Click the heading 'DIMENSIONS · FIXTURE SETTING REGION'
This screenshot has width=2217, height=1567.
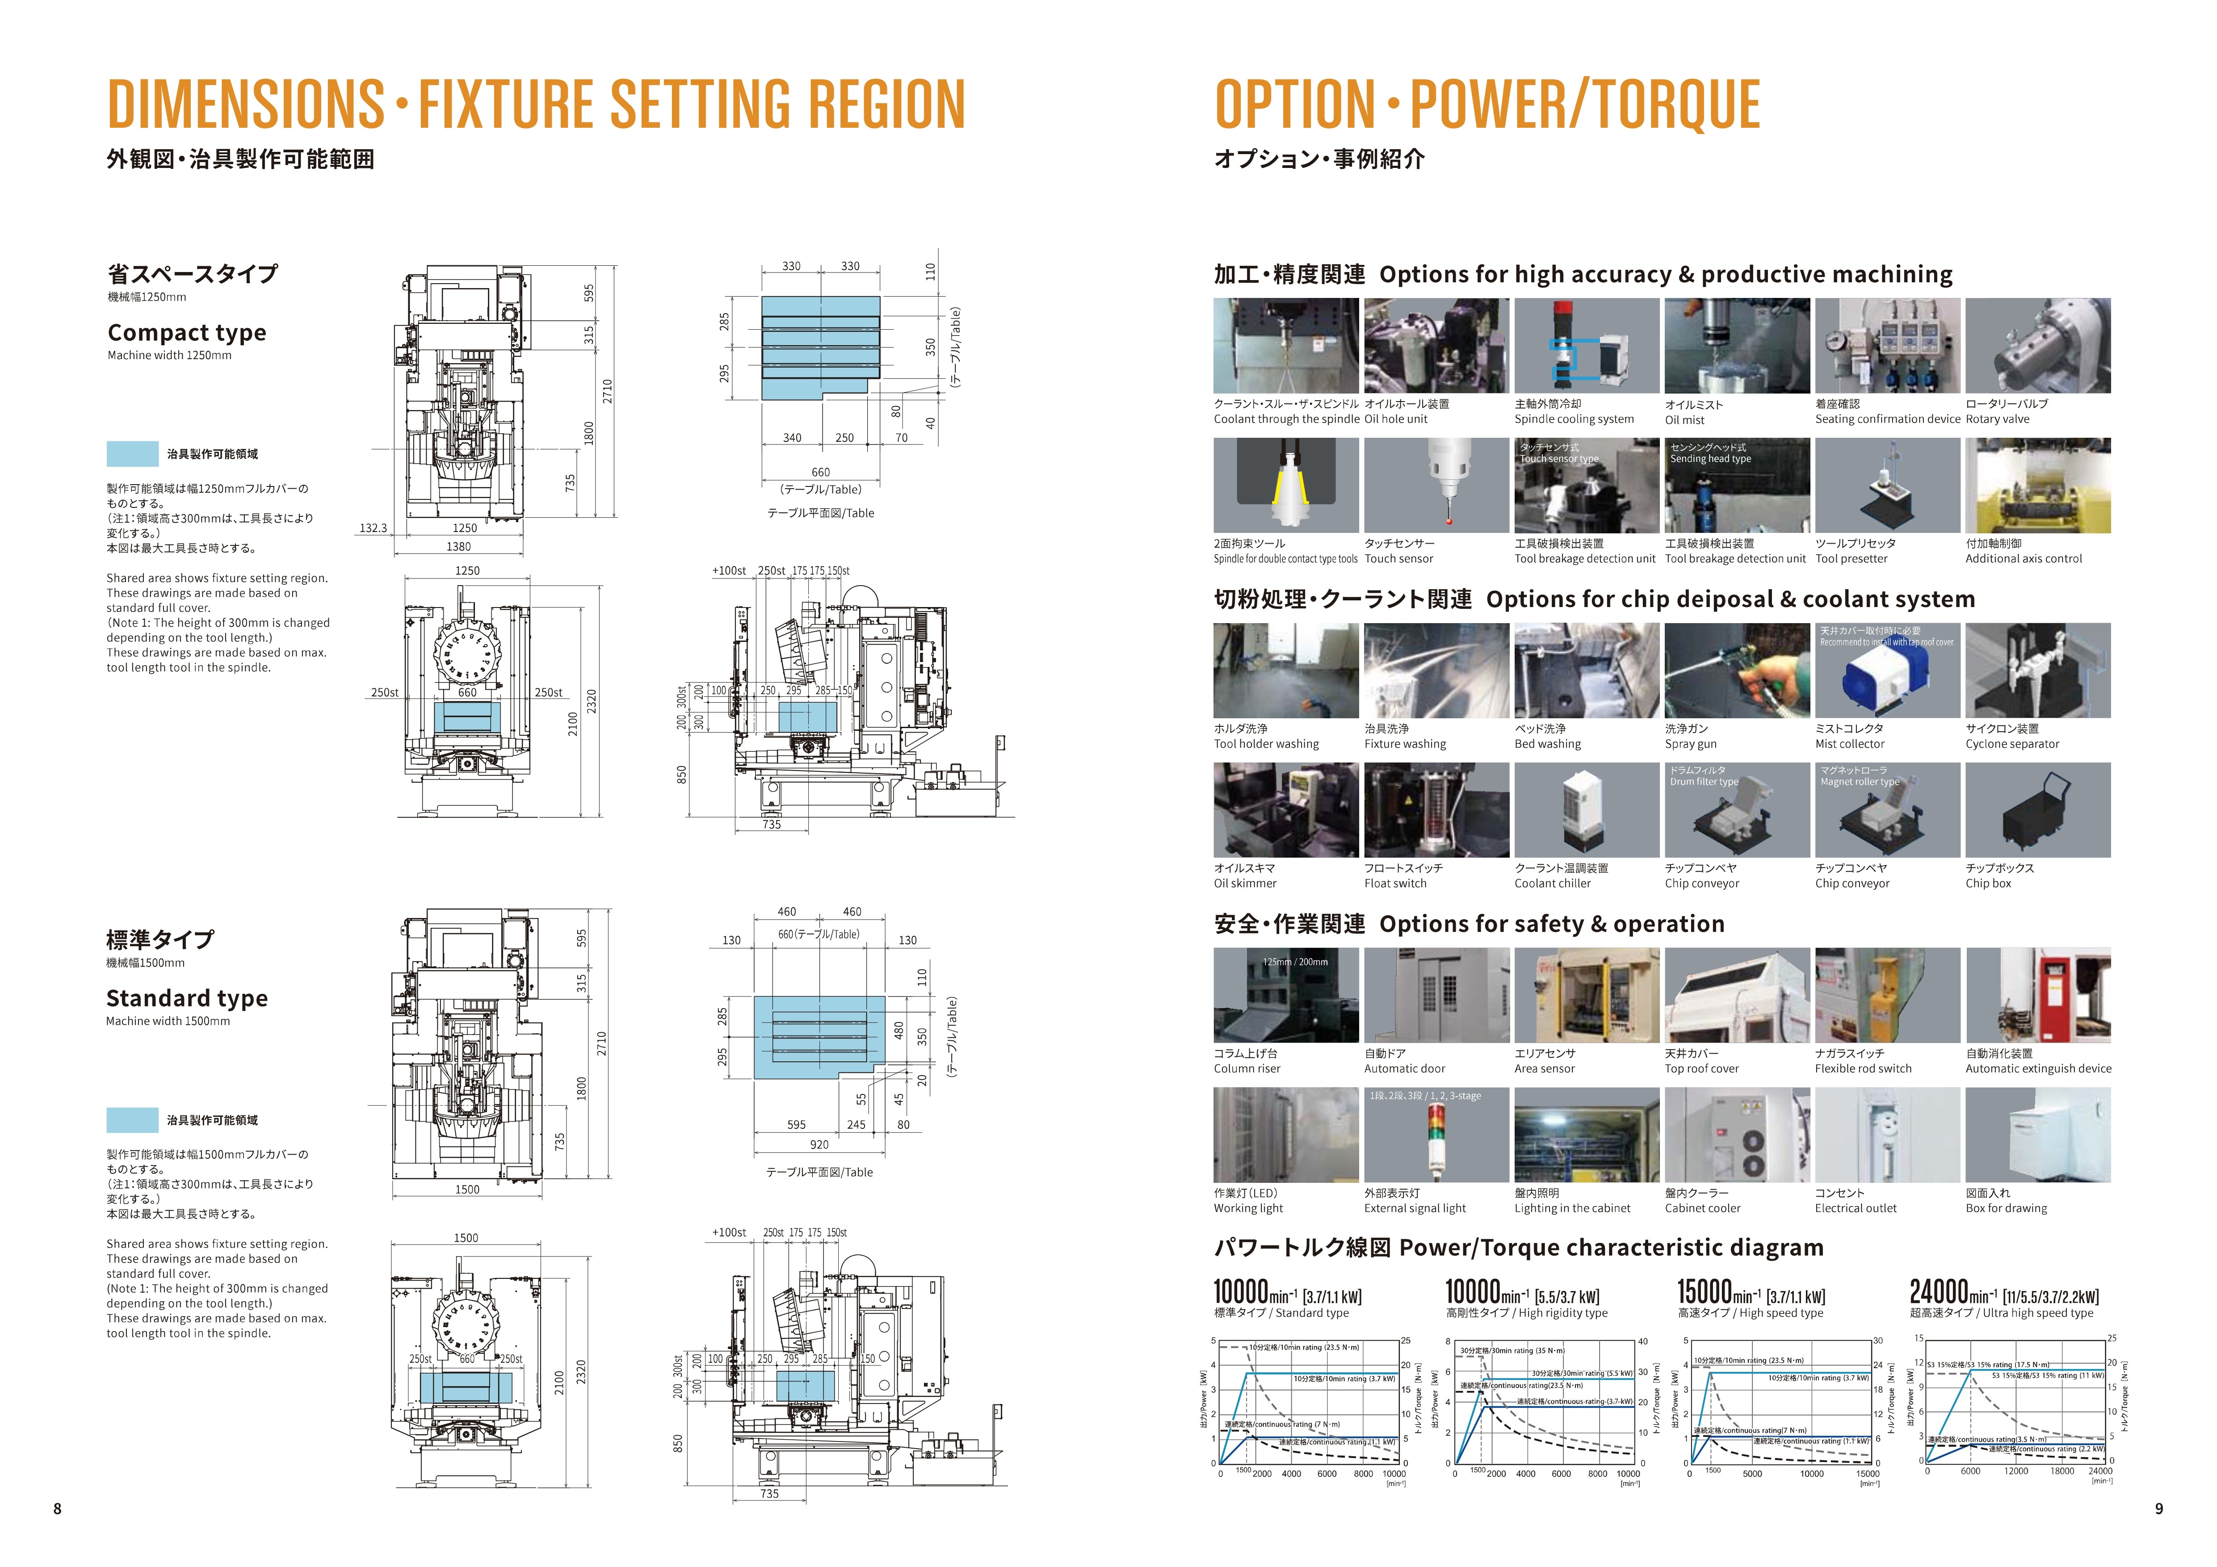536,104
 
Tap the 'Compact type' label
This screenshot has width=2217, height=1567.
186,333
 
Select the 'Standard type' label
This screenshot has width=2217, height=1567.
186,998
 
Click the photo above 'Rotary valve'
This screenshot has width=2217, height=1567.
2037,346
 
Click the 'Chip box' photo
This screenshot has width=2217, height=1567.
2037,810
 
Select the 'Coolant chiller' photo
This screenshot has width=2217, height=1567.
1587,810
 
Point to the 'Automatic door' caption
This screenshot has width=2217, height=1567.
1404,1069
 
